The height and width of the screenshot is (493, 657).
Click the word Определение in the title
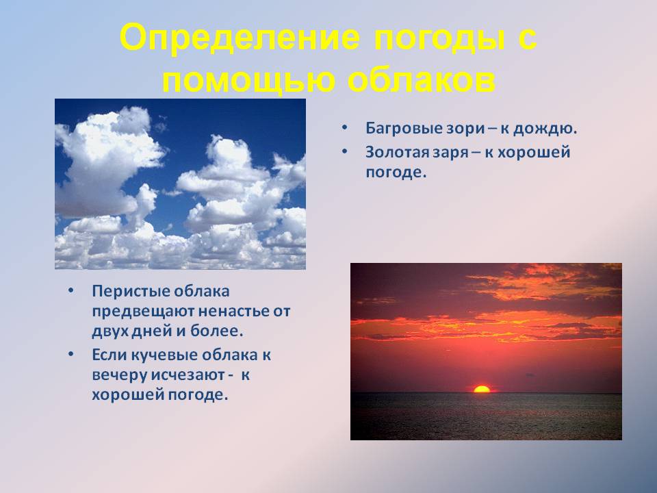240,37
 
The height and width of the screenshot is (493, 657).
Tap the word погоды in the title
439,39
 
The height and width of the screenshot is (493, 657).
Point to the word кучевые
165,355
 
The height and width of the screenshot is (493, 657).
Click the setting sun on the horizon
481,389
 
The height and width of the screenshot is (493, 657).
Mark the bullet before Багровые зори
344,127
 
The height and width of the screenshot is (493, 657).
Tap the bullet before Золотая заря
344,151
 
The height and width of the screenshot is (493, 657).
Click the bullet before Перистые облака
70,290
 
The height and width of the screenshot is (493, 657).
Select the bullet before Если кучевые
70,354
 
